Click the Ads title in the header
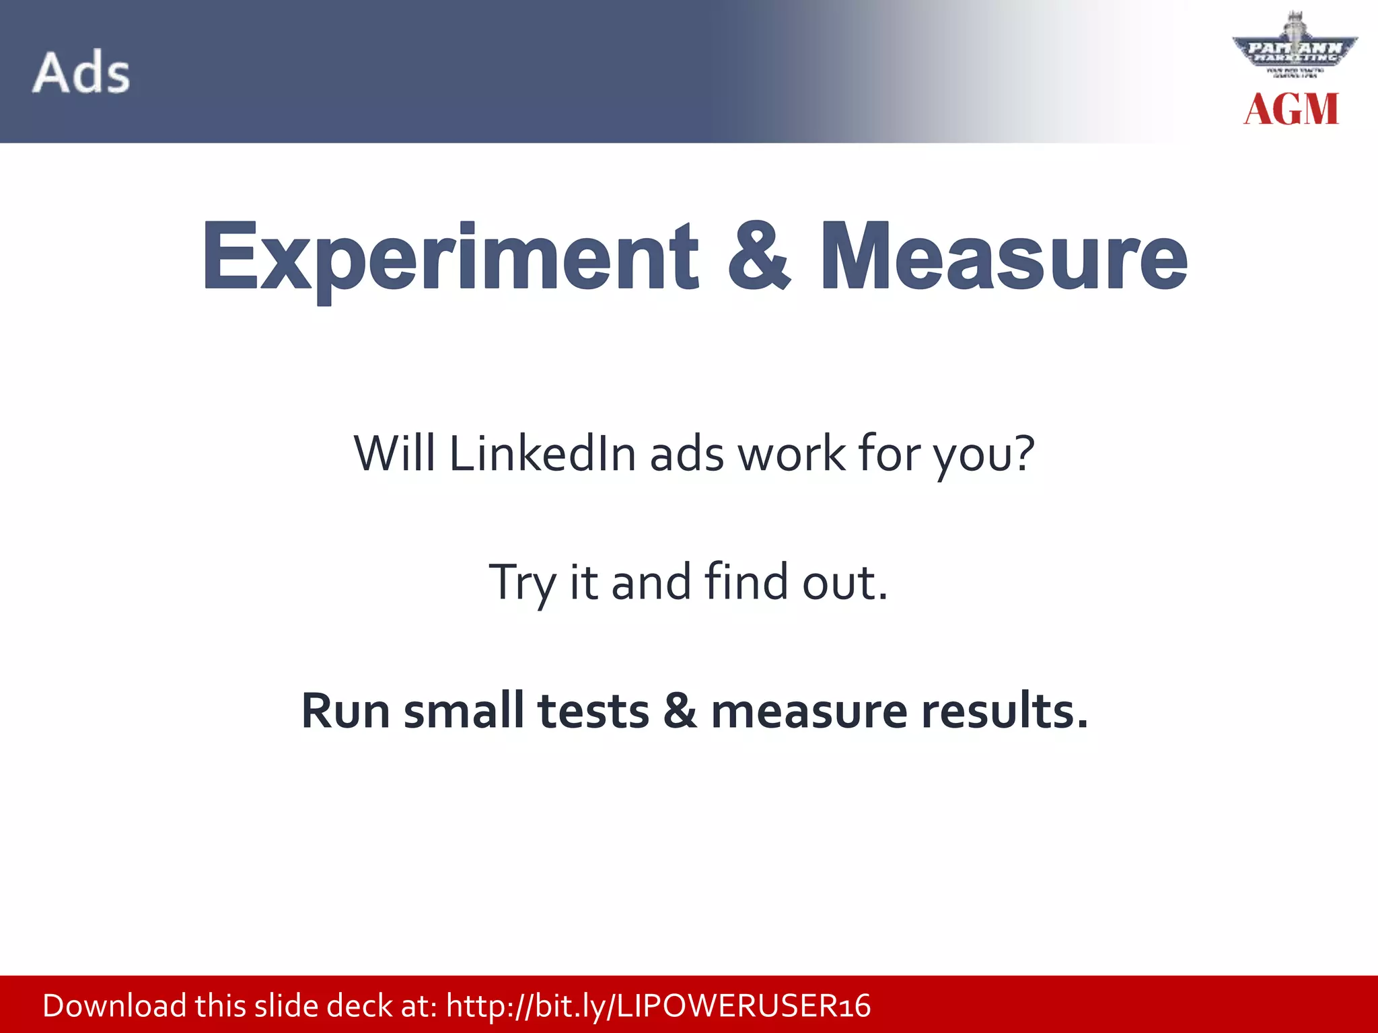coord(81,73)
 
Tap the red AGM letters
coord(1291,110)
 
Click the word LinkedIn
coord(542,454)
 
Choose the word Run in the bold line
coord(345,711)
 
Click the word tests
coord(593,712)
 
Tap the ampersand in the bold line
coord(680,711)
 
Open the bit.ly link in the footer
coord(658,1006)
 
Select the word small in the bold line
coord(464,711)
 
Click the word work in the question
coord(791,454)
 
